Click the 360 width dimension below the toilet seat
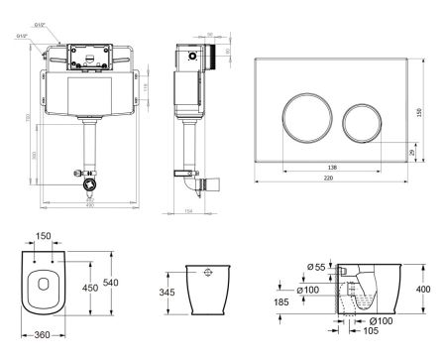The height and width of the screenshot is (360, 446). click(x=41, y=336)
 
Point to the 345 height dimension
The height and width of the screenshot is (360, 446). click(x=166, y=293)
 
